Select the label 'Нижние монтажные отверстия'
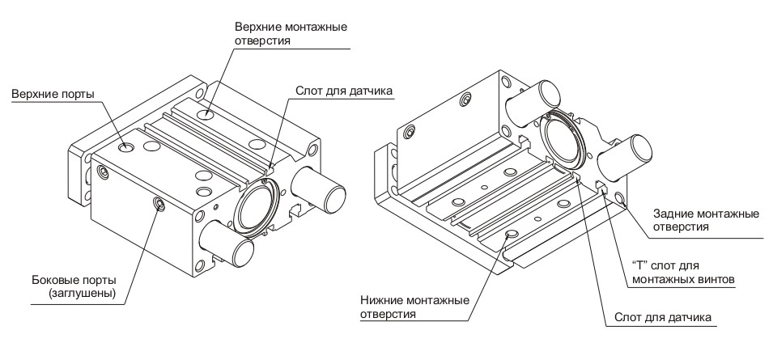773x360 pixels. [x=414, y=307]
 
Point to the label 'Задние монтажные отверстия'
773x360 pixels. [x=705, y=220]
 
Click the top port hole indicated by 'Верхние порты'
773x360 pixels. [x=126, y=148]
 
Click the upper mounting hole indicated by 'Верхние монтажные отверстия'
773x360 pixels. [x=209, y=115]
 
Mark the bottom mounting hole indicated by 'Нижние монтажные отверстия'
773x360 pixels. [x=511, y=235]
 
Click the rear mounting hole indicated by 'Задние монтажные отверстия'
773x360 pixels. [x=619, y=197]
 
